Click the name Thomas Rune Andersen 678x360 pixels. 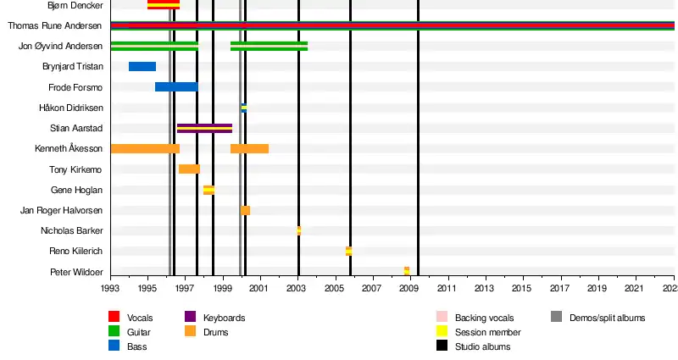[x=55, y=25]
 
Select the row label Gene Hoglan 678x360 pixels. [x=77, y=190]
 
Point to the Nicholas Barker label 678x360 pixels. [x=72, y=230]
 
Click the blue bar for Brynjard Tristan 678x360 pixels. [x=142, y=66]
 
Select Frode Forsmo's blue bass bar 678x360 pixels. [x=176, y=86]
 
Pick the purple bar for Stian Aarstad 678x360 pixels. [x=204, y=128]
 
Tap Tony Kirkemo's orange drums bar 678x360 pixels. [x=189, y=169]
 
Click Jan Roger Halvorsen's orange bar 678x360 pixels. [x=245, y=210]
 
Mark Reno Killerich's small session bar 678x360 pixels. [x=348, y=251]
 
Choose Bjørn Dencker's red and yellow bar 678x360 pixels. [x=164, y=5]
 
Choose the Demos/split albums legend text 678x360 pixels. [x=607, y=318]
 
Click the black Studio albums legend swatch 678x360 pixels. [x=442, y=346]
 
